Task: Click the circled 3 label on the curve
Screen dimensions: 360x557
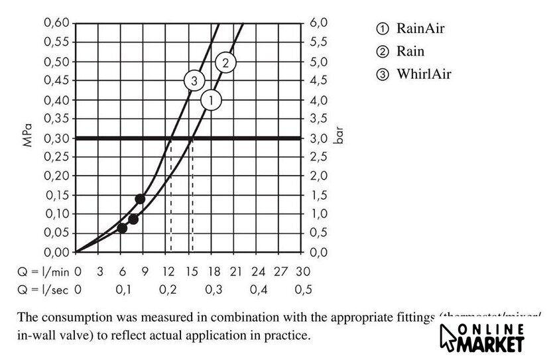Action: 194,81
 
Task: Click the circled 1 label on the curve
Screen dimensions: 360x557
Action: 211,101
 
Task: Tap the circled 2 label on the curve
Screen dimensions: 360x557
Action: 225,63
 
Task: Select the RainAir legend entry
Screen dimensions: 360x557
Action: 412,29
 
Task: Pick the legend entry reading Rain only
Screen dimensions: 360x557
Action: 402,51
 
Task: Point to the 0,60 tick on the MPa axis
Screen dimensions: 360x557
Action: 56,23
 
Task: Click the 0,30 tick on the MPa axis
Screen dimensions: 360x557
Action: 56,139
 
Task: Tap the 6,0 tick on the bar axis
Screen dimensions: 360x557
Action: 318,23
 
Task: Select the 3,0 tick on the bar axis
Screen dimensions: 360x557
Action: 318,139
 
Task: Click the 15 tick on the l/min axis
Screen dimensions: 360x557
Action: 191,271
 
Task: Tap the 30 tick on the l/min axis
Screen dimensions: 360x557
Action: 304,271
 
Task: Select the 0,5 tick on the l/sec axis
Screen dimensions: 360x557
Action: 304,289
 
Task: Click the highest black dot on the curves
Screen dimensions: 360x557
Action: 140,199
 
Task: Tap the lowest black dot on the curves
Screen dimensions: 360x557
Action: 122,228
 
